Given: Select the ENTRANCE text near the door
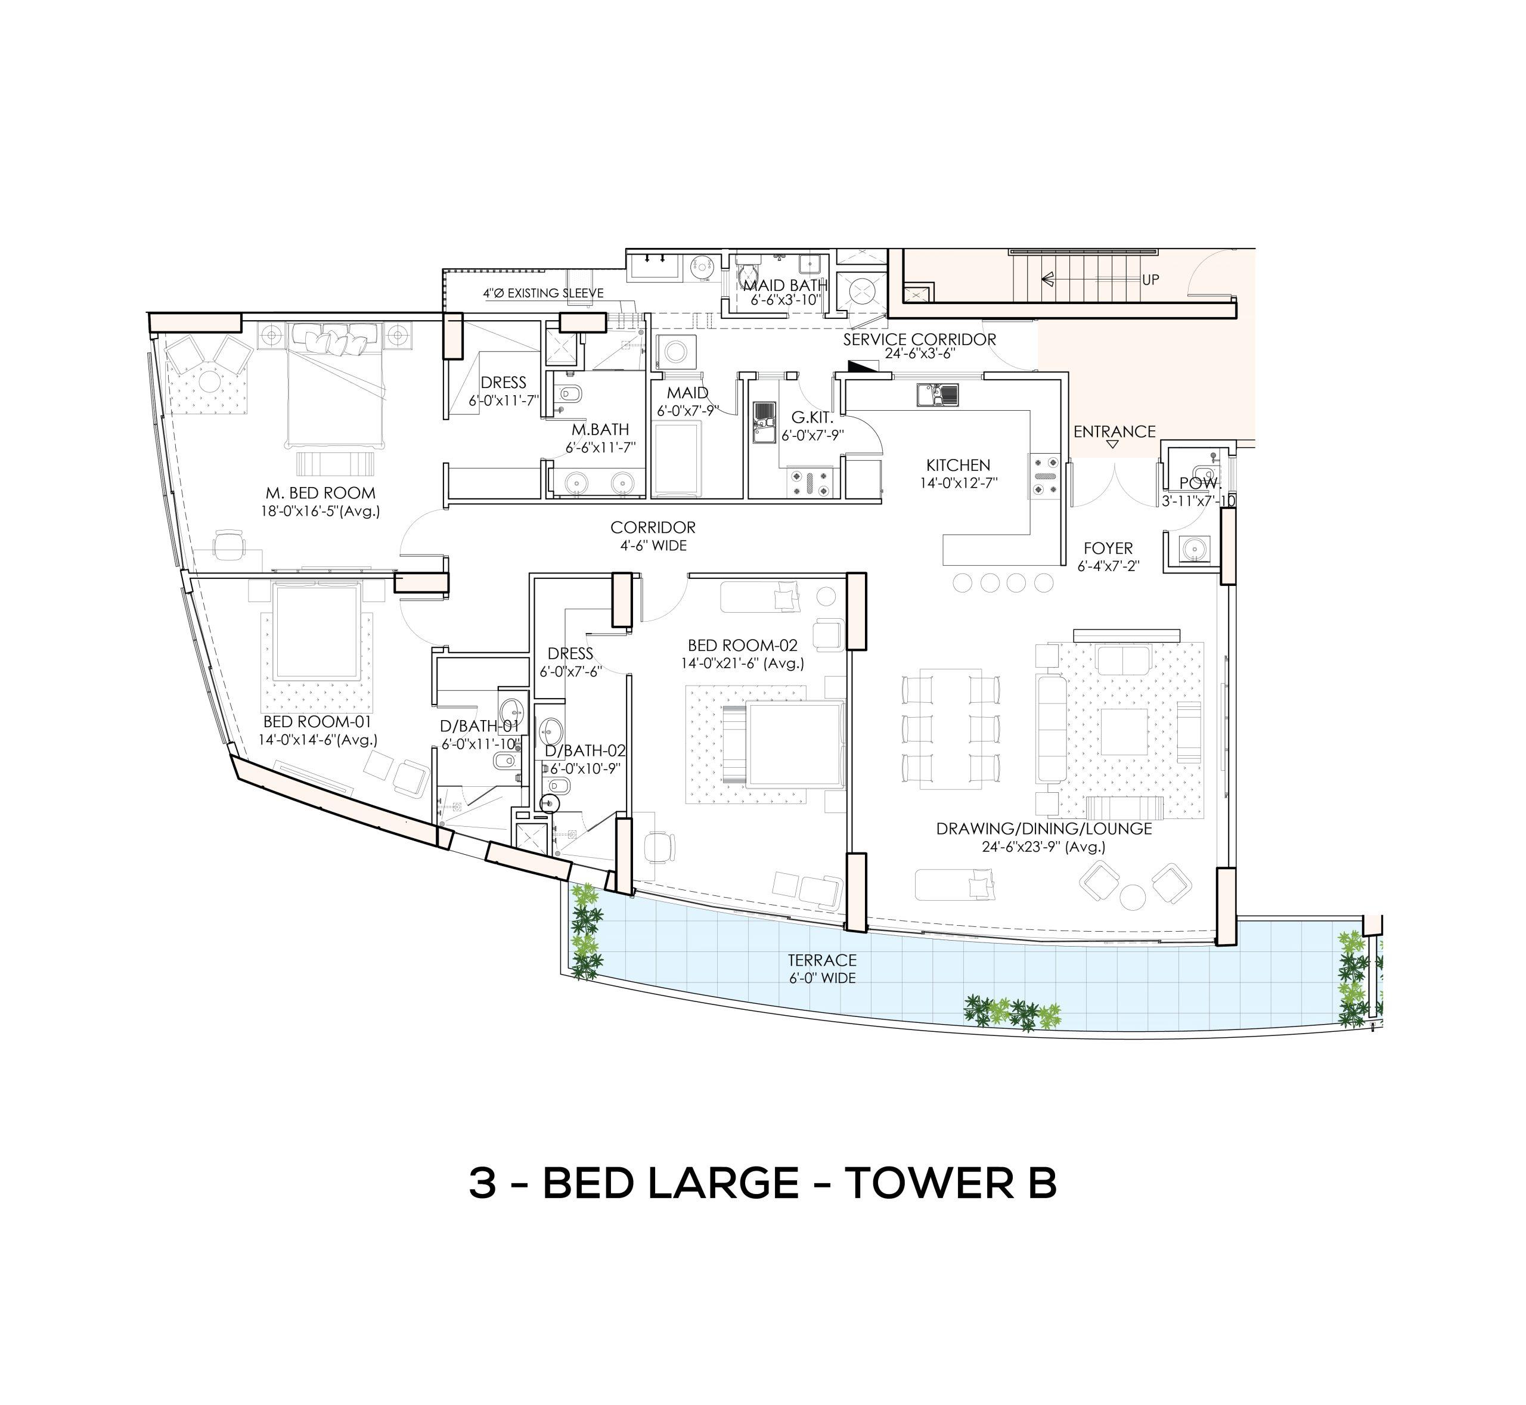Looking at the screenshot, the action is point(1114,432).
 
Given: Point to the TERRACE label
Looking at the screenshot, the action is point(822,961).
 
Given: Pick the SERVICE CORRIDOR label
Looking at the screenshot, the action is point(919,339).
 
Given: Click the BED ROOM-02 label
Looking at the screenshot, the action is point(742,646).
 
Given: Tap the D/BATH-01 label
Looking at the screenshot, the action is point(480,726).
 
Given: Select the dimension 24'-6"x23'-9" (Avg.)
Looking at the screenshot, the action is point(1043,847).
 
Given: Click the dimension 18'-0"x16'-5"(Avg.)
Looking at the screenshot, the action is point(320,511).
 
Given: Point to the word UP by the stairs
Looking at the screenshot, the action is point(1150,280).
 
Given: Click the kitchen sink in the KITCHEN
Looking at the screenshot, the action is point(938,395).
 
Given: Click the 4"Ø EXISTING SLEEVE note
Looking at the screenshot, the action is point(543,293).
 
